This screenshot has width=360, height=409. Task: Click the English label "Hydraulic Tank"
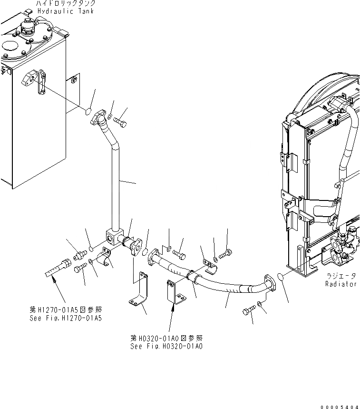[66, 11]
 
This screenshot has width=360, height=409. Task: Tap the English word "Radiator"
[341, 284]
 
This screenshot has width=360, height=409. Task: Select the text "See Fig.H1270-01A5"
[65, 318]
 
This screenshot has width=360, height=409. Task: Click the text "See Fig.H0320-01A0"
[166, 346]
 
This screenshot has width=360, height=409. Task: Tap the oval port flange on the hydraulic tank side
[32, 78]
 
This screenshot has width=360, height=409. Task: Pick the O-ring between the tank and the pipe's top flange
[88, 112]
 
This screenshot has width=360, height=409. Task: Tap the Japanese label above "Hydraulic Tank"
[66, 3]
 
